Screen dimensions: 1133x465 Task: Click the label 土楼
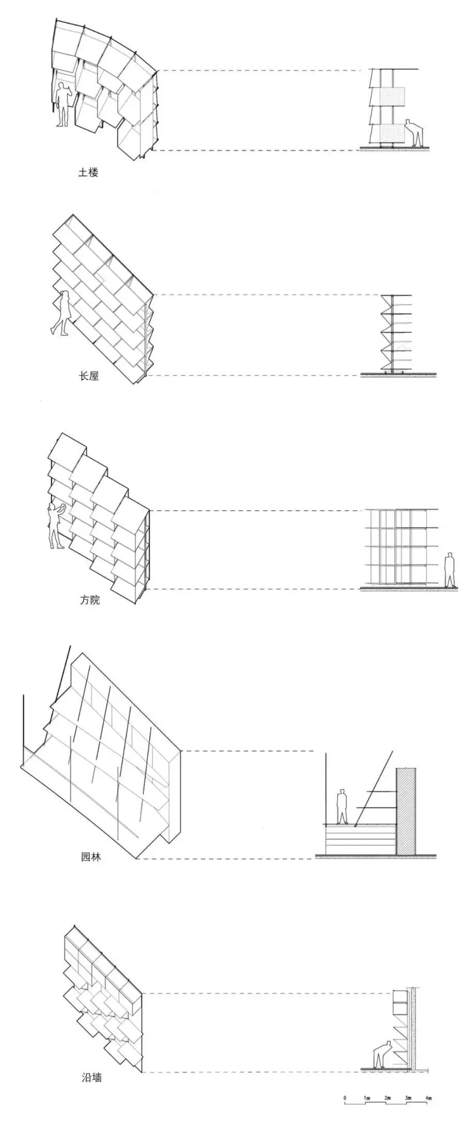tap(88, 173)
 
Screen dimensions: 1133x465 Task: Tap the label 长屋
tap(88, 376)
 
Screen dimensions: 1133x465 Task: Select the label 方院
tap(89, 600)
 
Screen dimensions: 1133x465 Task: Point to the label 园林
tap(91, 857)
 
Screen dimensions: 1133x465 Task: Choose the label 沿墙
tap(91, 1063)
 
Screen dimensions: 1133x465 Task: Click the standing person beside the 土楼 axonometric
tap(63, 104)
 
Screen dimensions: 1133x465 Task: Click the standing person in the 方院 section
tap(450, 570)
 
